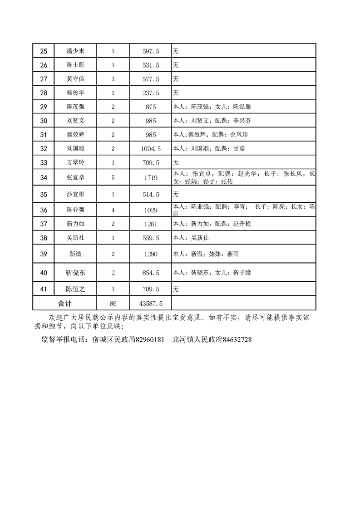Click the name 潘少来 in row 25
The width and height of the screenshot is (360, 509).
(x=75, y=51)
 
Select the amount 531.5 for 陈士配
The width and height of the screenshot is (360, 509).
(x=151, y=65)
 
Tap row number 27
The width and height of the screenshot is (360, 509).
(x=44, y=79)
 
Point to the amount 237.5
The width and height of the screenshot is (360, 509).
(x=151, y=93)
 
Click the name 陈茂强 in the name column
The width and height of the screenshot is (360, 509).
(x=75, y=107)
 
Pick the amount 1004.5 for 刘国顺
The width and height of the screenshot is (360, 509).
(x=151, y=149)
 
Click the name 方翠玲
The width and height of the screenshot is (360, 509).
(x=75, y=162)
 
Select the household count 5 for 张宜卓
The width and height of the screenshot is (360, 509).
(x=113, y=177)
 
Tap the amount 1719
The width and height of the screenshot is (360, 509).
(x=151, y=177)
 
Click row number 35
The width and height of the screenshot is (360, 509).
(x=44, y=194)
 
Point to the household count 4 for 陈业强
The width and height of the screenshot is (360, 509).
(x=113, y=210)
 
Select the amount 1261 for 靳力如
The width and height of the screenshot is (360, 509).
(x=151, y=224)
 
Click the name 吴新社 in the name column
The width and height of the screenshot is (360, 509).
(x=75, y=238)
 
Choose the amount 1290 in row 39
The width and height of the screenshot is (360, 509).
(x=151, y=254)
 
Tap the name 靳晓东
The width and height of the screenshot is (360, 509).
(x=75, y=273)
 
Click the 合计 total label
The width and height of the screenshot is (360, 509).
(x=64, y=302)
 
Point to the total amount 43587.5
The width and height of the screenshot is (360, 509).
(x=151, y=302)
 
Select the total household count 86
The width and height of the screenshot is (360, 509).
(x=113, y=302)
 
